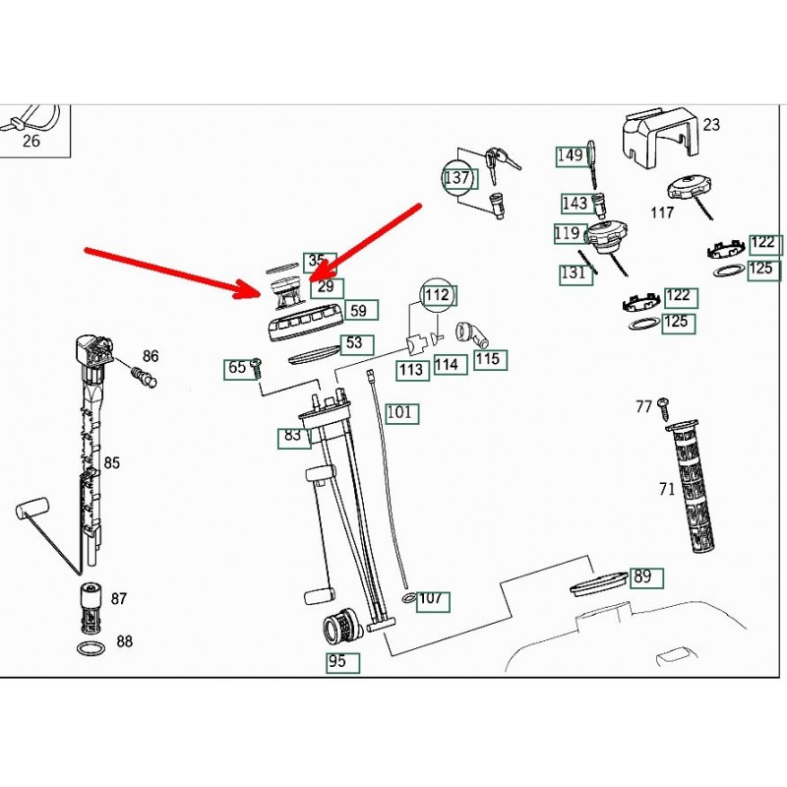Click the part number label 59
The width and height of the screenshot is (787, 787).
point(358,311)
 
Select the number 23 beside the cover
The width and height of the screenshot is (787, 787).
point(711,125)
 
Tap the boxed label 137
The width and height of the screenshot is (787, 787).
point(457,179)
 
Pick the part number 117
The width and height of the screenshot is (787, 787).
point(662,212)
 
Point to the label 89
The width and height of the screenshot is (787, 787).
point(642,577)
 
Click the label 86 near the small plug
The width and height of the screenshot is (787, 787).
point(151,356)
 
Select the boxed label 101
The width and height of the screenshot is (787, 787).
point(399,412)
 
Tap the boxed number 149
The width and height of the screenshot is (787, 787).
point(571,155)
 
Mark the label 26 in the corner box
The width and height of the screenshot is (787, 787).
point(31,141)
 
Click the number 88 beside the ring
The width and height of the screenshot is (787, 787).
point(124,642)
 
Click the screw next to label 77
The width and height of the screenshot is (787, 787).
point(664,404)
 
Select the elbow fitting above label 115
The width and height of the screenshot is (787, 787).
point(473,333)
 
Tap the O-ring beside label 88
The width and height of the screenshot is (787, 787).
point(90,648)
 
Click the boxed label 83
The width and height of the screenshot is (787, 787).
point(293,436)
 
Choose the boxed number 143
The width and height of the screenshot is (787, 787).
point(575,204)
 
